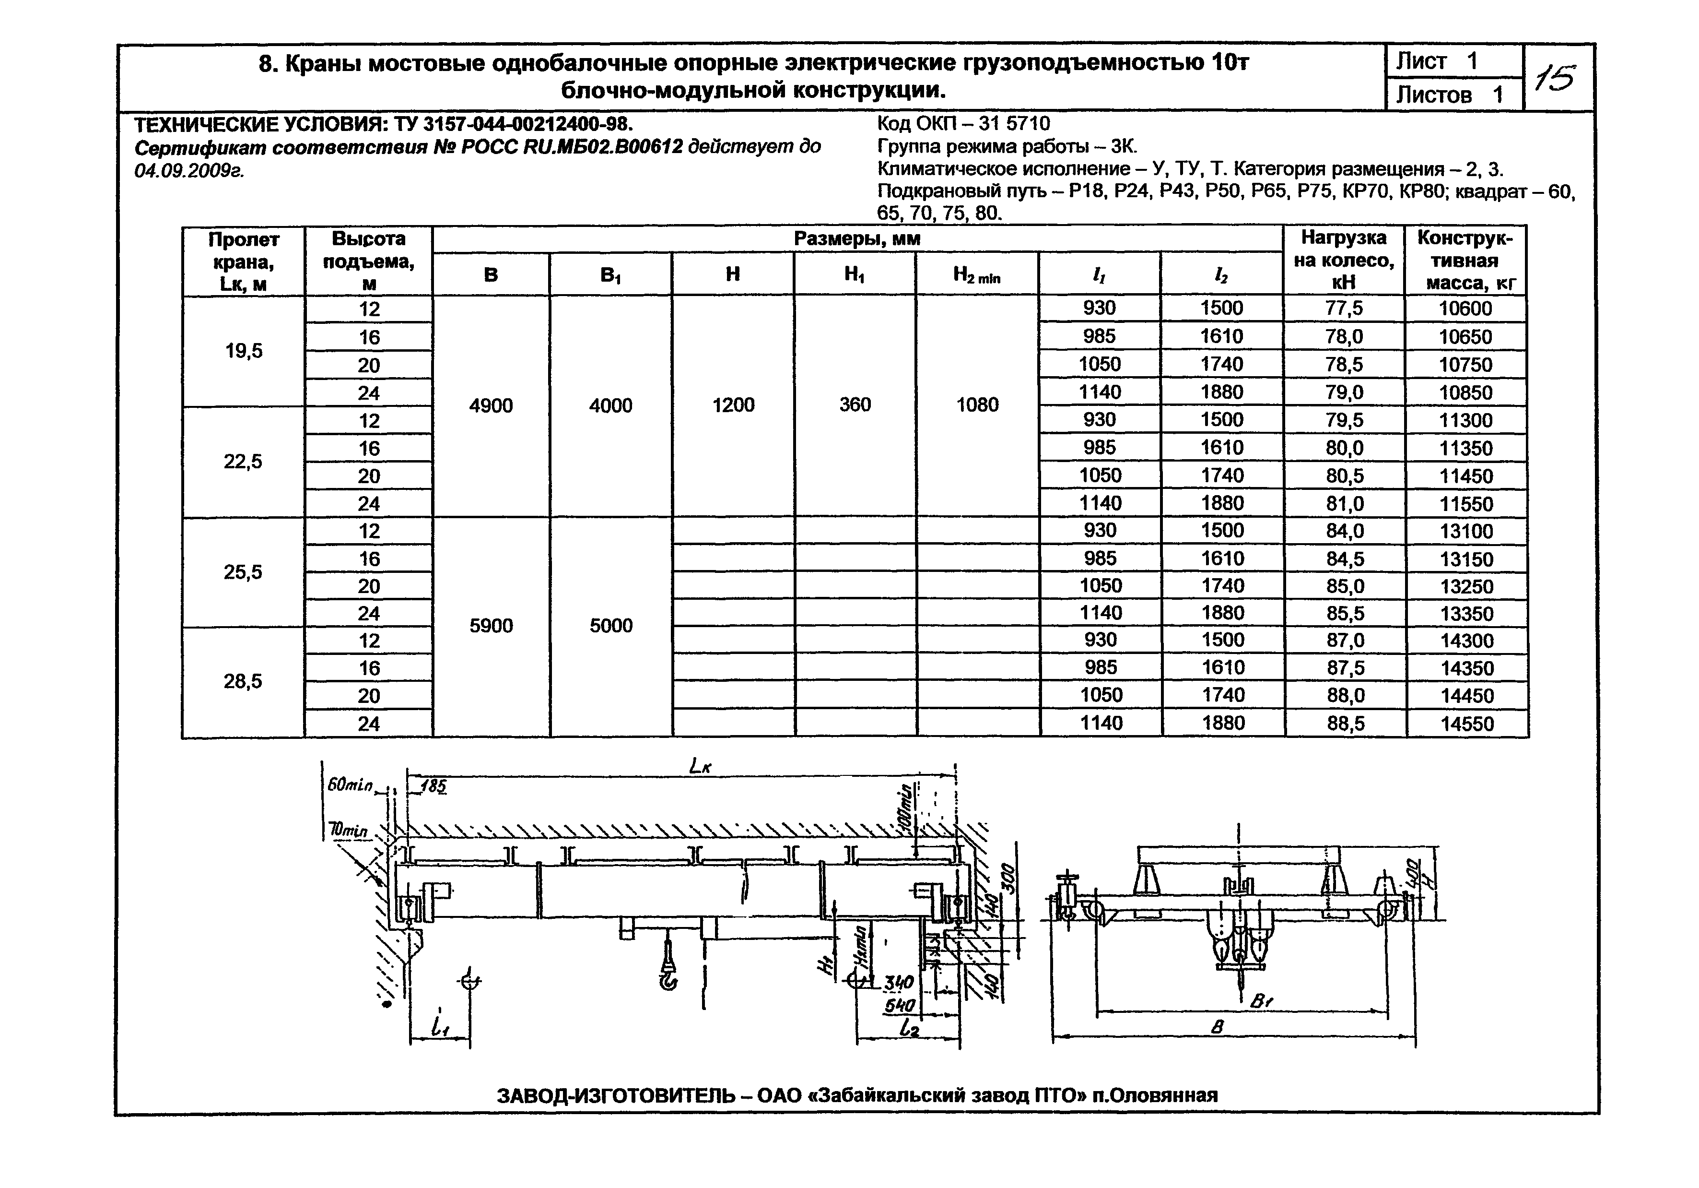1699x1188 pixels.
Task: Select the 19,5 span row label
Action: click(244, 351)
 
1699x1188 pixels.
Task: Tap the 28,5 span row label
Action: click(243, 681)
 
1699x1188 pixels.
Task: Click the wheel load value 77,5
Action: click(1344, 309)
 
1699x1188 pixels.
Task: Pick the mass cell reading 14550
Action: click(1466, 724)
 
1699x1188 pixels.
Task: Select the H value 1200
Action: click(733, 405)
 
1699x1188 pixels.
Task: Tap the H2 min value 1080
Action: click(977, 405)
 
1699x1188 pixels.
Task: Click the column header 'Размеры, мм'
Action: click(857, 239)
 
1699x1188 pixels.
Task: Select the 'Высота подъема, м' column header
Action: click(368, 261)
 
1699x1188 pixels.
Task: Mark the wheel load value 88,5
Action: click(1345, 724)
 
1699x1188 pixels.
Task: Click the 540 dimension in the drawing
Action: click(899, 1006)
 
